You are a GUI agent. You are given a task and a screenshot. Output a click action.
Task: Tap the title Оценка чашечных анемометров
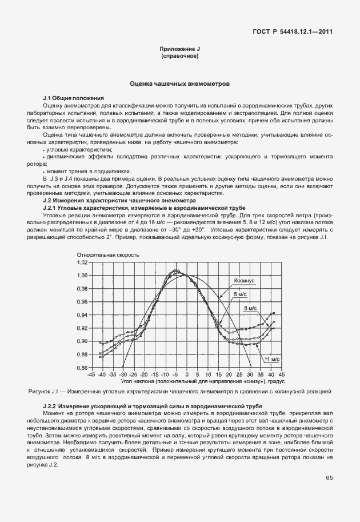pos(180,83)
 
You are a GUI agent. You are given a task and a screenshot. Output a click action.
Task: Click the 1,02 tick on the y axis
pos(82,262)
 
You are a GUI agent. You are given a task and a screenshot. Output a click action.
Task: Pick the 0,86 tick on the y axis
pos(82,368)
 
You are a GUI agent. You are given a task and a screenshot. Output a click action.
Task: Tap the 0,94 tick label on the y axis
pos(82,315)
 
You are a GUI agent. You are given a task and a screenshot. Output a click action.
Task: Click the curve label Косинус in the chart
pos(243,281)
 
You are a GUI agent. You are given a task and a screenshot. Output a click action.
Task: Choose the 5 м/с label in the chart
pos(240,294)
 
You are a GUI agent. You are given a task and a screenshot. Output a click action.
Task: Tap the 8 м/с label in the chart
pos(250,308)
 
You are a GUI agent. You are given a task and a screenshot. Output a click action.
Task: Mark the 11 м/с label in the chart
pos(271,359)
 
